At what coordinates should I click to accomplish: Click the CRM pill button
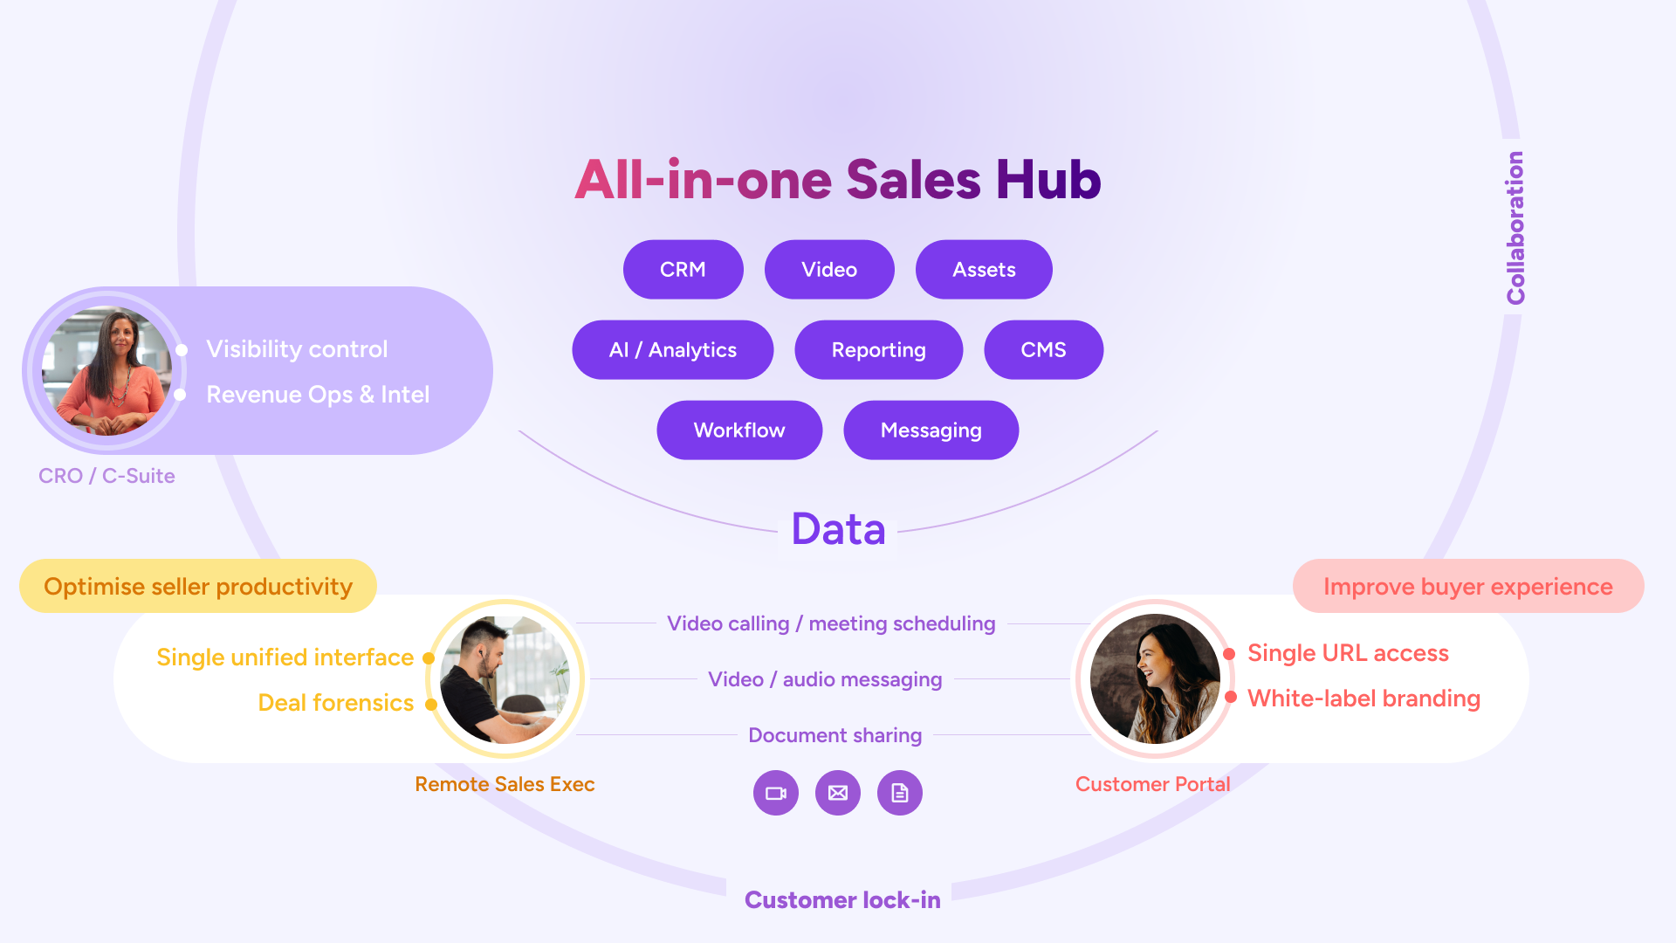[x=683, y=270]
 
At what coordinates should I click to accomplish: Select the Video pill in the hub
[x=829, y=270]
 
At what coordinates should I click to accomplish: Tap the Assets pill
[x=984, y=270]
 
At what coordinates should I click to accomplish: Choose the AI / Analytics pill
[x=672, y=350]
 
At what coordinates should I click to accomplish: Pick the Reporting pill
[x=878, y=350]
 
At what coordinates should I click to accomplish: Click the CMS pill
[x=1043, y=350]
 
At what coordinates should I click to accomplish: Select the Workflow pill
[x=739, y=430]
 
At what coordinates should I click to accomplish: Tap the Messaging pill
[x=931, y=430]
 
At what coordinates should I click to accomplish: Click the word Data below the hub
[x=838, y=529]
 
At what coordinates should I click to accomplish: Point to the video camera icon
[x=776, y=793]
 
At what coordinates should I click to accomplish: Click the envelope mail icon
[x=838, y=793]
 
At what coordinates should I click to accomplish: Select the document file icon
[x=900, y=793]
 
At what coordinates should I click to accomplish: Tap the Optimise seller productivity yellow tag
[x=198, y=586]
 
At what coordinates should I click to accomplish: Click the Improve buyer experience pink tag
[x=1468, y=586]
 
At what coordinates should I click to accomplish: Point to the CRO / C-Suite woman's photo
[x=107, y=371]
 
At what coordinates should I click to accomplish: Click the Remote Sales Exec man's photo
[x=505, y=679]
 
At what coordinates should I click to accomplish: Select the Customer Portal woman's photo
[x=1155, y=679]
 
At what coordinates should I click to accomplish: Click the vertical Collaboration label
[x=1515, y=228]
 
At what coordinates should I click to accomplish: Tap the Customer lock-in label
[x=842, y=900]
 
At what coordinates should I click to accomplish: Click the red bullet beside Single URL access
[x=1229, y=654]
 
